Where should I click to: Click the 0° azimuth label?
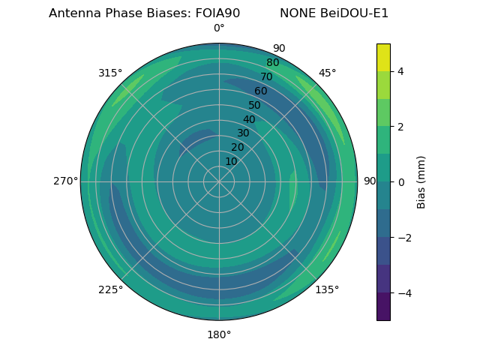pyautogui.click(x=219, y=28)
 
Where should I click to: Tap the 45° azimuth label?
pyautogui.click(x=327, y=73)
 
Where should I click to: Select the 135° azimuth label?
pyautogui.click(x=327, y=289)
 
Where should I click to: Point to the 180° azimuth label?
pyautogui.click(x=219, y=334)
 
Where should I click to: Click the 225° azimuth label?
pyautogui.click(x=110, y=290)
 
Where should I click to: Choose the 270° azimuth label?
pyautogui.click(x=65, y=181)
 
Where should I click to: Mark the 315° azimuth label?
pyautogui.click(x=110, y=73)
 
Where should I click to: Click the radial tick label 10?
pyautogui.click(x=231, y=161)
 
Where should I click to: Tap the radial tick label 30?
pyautogui.click(x=243, y=133)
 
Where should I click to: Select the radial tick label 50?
pyautogui.click(x=255, y=105)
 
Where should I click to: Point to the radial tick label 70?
pyautogui.click(x=266, y=76)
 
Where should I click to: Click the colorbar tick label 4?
pyautogui.click(x=401, y=71)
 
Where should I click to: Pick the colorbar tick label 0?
pyautogui.click(x=401, y=182)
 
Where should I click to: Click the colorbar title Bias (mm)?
pyautogui.click(x=421, y=182)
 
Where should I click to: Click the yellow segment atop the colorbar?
pyautogui.click(x=383, y=57)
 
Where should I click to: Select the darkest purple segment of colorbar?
pyautogui.click(x=383, y=307)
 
